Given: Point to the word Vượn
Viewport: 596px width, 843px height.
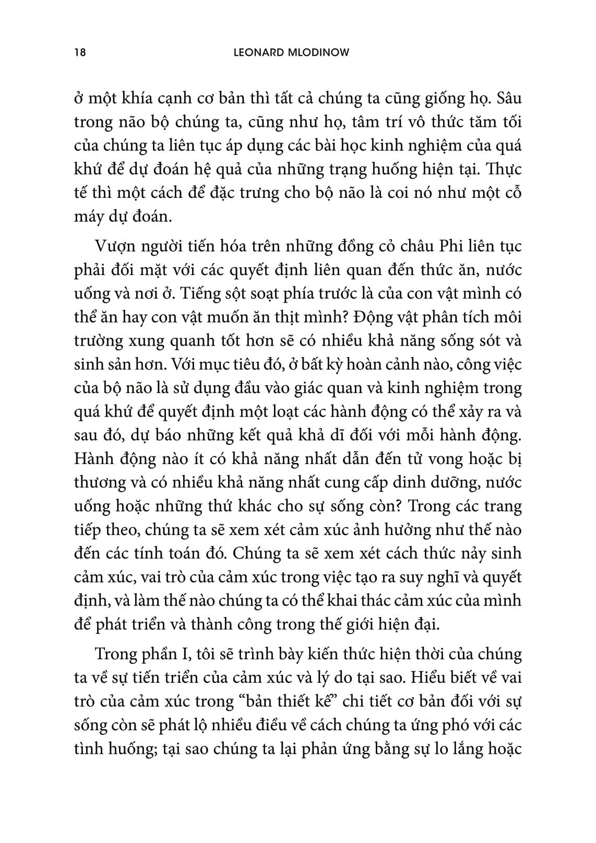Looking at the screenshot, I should tap(113, 246).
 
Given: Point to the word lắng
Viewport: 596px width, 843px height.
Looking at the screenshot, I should tap(459, 749).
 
